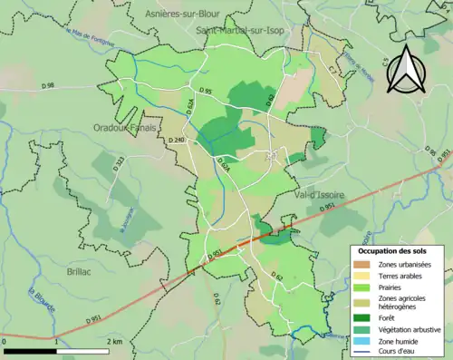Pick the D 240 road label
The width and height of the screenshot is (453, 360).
point(177,140)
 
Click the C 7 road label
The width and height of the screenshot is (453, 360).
point(333,69)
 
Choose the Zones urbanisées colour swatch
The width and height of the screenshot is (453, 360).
point(362,264)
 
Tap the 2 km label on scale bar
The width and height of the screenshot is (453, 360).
point(114,341)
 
